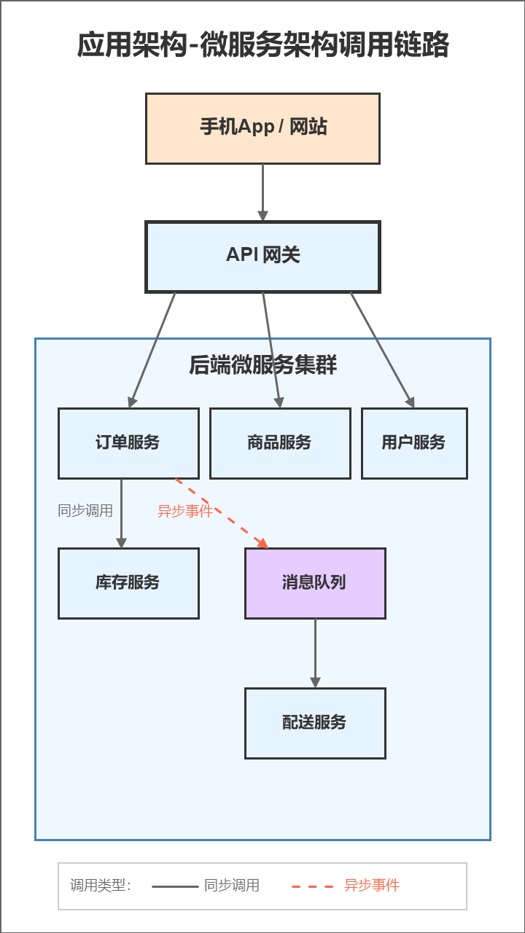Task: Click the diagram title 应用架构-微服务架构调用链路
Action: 262,45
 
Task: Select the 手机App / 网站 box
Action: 262,128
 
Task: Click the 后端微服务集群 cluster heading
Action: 262,364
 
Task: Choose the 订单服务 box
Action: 128,443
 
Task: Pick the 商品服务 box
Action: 280,443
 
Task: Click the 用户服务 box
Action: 414,443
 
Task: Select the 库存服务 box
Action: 128,583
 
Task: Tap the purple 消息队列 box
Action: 315,583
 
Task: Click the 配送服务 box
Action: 315,723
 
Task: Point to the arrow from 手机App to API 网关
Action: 262,192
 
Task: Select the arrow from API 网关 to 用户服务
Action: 382,348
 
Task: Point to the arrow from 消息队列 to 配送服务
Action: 315,653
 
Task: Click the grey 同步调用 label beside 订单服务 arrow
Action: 85,511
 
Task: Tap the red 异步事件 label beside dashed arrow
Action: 185,511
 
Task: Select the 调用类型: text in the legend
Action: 101,886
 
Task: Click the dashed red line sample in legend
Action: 313,886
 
